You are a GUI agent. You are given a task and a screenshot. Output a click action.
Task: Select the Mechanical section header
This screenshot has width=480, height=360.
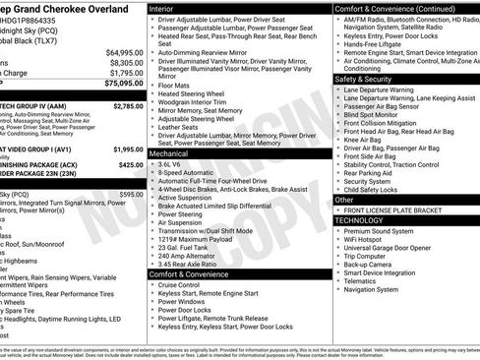point(173,154)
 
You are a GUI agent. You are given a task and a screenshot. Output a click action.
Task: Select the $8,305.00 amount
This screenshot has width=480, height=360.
point(127,62)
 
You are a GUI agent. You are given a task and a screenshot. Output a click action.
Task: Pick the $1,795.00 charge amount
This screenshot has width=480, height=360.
point(127,73)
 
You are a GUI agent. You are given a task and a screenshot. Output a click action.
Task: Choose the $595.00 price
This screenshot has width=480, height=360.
point(132,195)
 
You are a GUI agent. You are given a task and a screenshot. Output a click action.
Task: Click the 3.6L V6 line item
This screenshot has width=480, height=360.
point(174,166)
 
